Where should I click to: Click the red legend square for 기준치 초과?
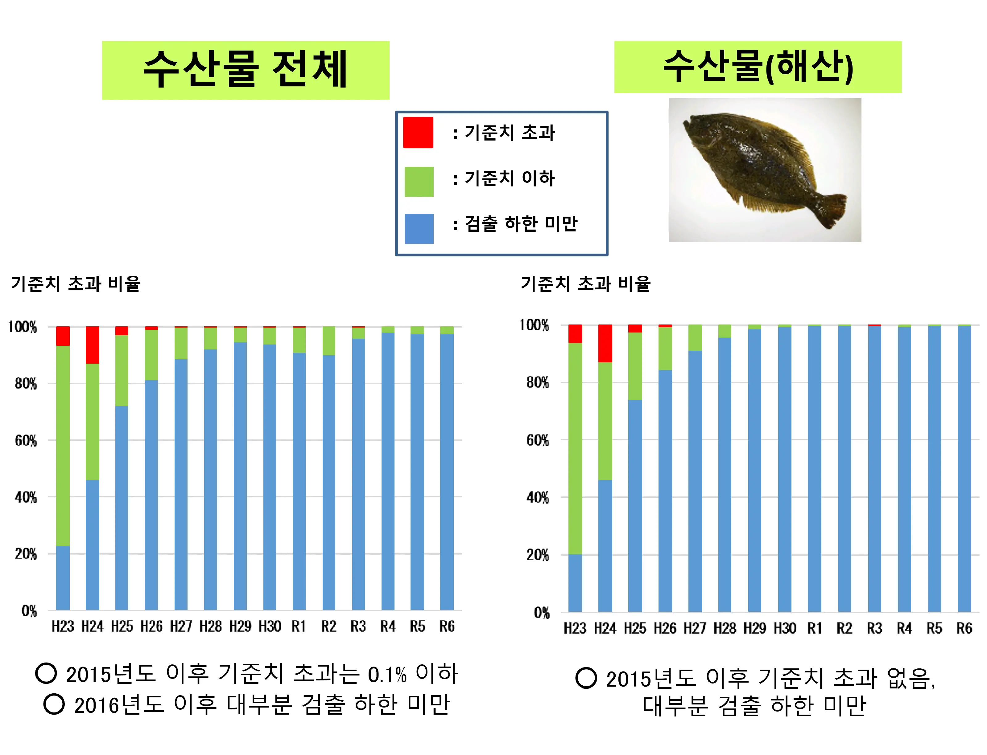(418, 133)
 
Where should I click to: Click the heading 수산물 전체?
(245, 70)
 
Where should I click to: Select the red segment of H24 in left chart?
(92, 345)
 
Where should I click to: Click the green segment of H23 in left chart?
(63, 445)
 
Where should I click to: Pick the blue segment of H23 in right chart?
(575, 582)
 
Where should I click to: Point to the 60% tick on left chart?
(26, 440)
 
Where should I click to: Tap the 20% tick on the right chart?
(538, 555)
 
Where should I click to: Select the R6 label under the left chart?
(447, 626)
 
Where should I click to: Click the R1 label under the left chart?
(299, 626)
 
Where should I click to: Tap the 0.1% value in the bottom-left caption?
(387, 675)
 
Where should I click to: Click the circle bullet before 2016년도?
(54, 704)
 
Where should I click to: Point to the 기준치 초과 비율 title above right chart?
(585, 284)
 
